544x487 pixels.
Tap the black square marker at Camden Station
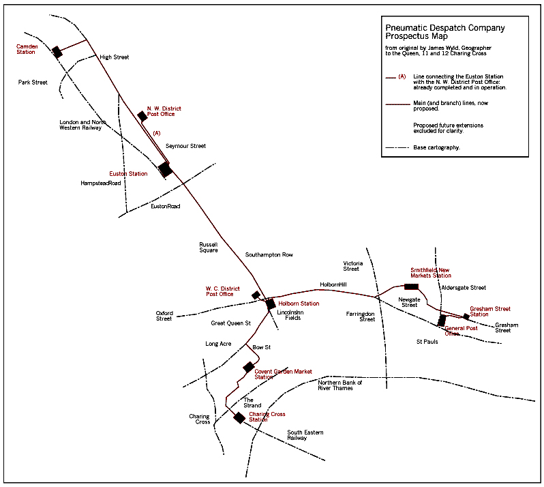point(57,52)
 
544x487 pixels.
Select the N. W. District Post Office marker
point(142,116)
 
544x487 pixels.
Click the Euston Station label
point(128,174)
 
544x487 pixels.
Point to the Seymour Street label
point(185,146)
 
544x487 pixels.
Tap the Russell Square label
point(208,247)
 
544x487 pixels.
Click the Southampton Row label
point(269,254)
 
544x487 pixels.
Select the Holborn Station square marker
point(271,304)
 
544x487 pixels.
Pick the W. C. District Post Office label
point(223,291)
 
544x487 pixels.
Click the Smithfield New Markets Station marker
point(411,286)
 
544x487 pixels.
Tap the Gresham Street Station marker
point(466,316)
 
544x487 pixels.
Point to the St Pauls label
point(427,341)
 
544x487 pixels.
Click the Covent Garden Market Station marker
point(249,367)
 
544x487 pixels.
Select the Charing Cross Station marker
point(239,417)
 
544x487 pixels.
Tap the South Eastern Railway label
point(305,435)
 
